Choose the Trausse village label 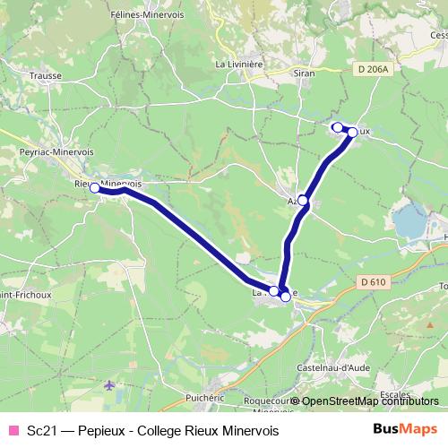pos(46,76)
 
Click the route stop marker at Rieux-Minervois pos(94,188)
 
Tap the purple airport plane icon pos(110,386)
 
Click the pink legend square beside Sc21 pos(13,430)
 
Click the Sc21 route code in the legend pos(41,431)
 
